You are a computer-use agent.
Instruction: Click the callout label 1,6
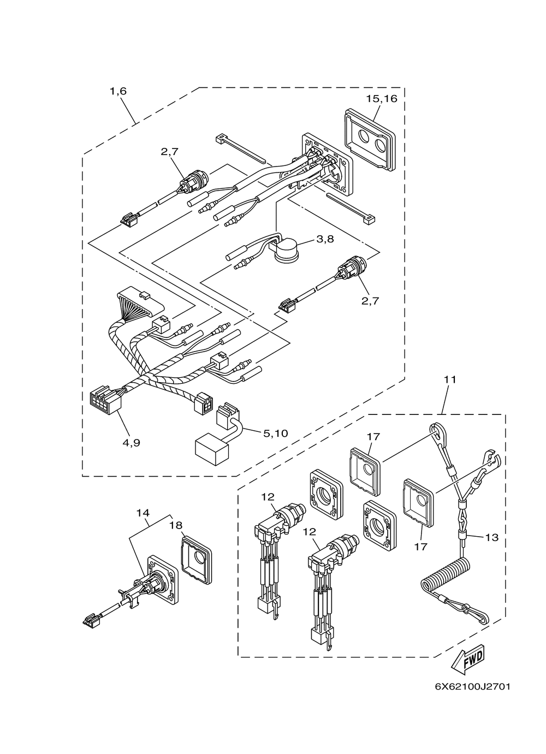point(118,91)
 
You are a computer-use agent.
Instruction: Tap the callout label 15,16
point(382,99)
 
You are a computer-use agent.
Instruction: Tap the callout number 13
point(491,538)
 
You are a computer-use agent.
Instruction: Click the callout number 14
point(143,513)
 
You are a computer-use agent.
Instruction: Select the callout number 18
point(176,525)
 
